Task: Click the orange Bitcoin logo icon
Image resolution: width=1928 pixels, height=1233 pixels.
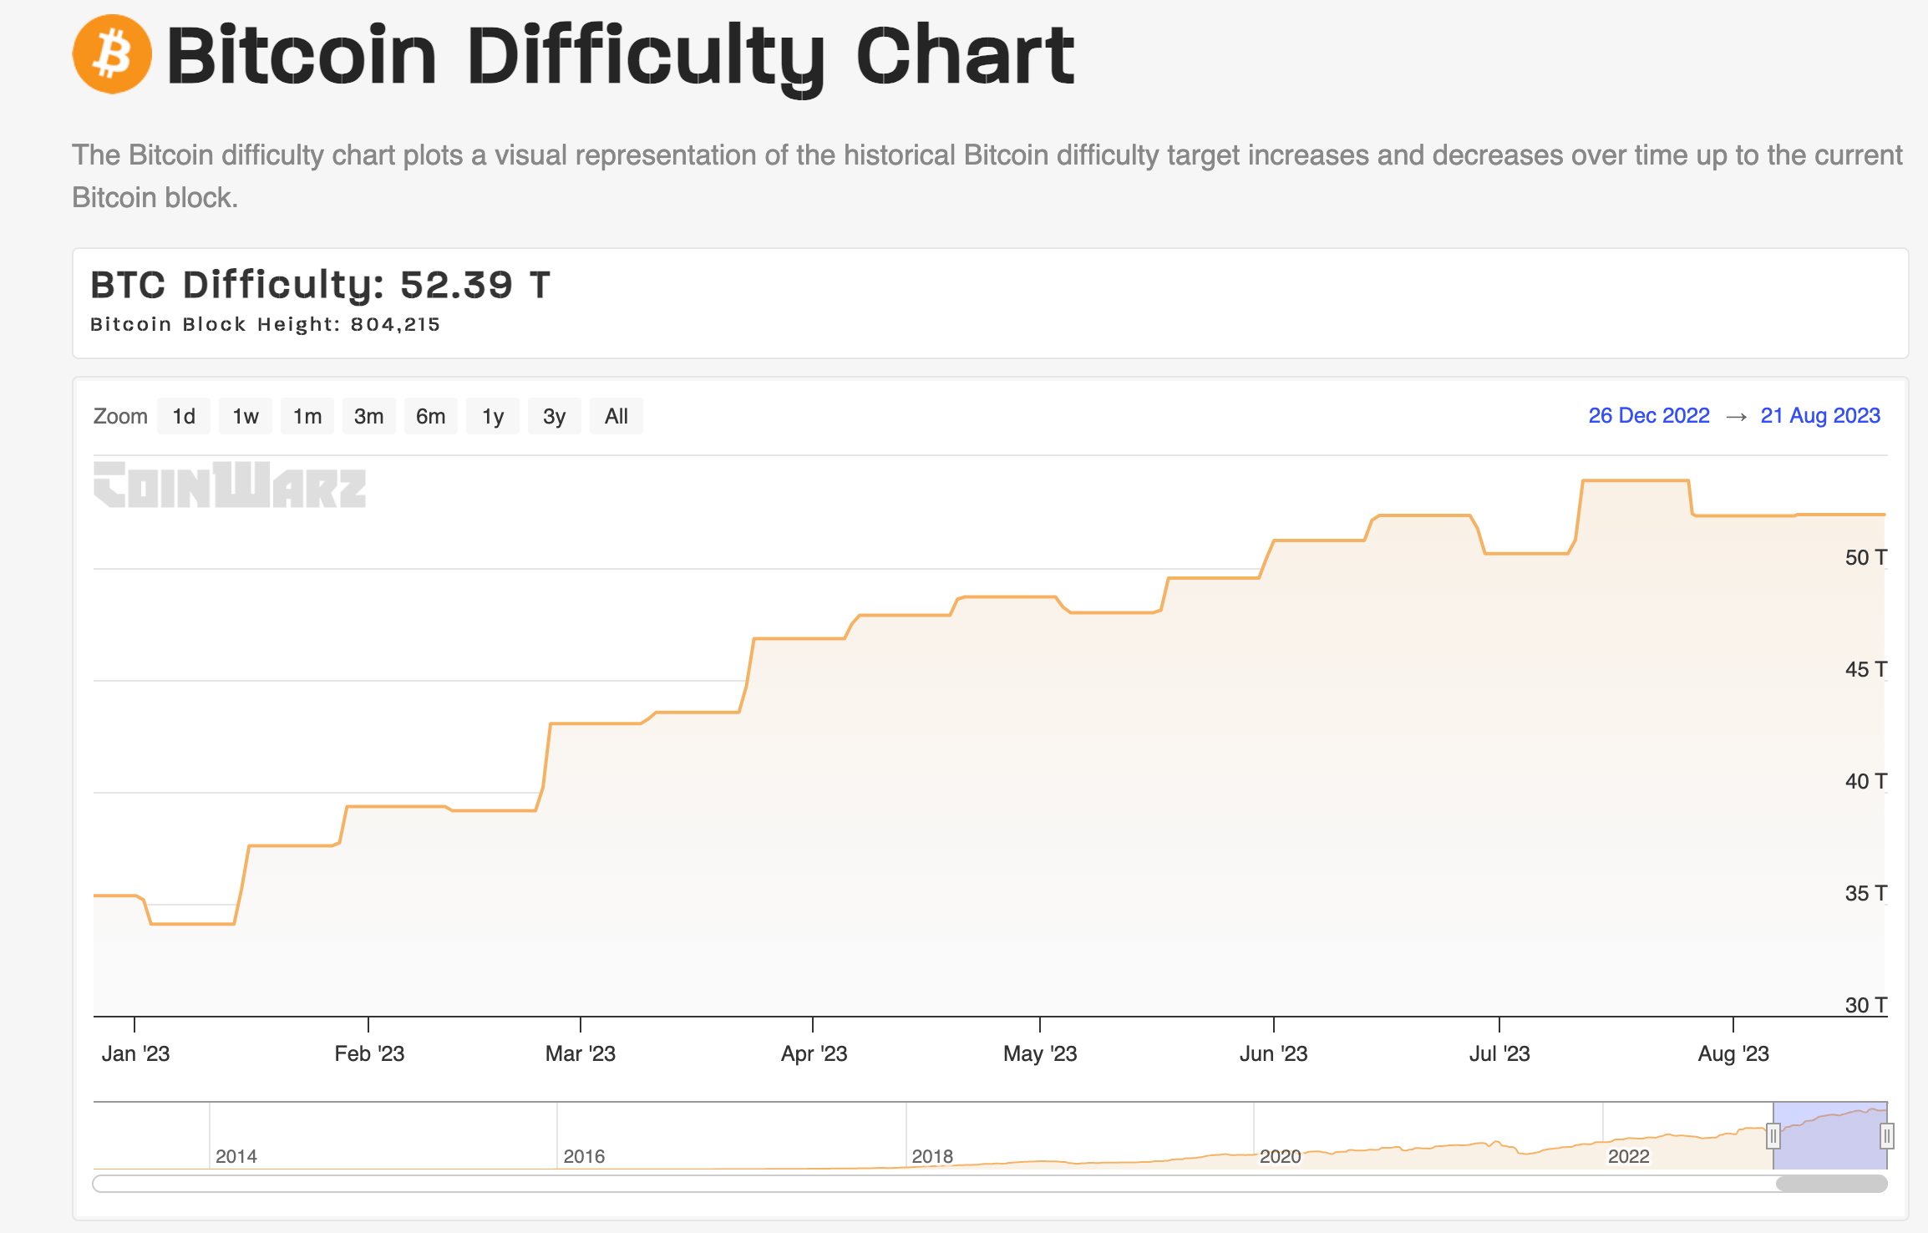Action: point(112,54)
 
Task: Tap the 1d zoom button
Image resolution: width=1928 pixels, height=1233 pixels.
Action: point(184,416)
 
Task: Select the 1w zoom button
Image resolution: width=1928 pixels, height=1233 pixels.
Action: point(246,416)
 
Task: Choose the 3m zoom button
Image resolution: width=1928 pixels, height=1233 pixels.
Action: point(368,416)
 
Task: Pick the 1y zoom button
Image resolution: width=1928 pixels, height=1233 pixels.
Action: point(493,416)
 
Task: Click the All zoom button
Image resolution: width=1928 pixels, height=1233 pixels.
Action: point(616,416)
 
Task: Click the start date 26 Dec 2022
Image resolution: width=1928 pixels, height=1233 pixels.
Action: point(1648,415)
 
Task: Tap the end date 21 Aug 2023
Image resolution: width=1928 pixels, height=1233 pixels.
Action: point(1819,415)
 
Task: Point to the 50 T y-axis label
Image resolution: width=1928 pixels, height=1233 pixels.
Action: point(1865,557)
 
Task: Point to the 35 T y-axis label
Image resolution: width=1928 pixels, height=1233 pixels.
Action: point(1865,893)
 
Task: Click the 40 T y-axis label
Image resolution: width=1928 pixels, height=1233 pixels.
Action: point(1865,781)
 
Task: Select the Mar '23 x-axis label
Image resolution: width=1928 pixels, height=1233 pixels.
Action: point(580,1053)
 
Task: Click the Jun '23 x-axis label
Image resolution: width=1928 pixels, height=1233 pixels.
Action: point(1273,1053)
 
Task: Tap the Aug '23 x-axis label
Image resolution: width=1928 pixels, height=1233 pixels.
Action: point(1733,1053)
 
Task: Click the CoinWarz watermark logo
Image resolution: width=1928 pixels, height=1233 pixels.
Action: point(230,485)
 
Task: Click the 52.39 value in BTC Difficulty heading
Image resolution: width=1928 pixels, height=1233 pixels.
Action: point(456,285)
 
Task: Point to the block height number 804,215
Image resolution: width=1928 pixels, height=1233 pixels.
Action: point(395,324)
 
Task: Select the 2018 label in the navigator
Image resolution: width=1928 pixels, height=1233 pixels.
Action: point(932,1156)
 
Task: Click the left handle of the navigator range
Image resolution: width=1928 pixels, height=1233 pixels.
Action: point(1773,1136)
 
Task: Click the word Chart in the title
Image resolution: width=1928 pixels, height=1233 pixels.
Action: point(965,56)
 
